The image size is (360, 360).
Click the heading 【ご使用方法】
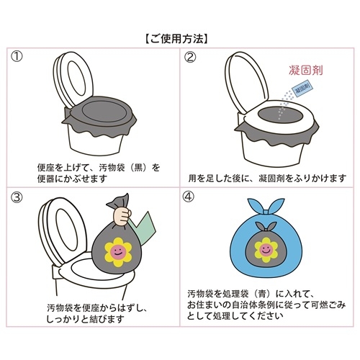tap(176, 39)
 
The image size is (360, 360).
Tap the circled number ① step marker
tap(17, 57)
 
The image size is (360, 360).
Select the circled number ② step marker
tap(190, 57)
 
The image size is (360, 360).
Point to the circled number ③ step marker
tap(17, 197)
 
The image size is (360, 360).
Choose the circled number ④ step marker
tap(189, 197)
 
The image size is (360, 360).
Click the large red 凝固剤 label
tap(305, 70)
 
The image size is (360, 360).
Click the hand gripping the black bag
tap(122, 215)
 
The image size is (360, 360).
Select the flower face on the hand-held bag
tap(118, 252)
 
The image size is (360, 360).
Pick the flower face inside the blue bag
tap(266, 250)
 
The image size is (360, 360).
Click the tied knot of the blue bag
tap(266, 212)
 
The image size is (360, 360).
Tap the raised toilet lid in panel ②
tap(247, 81)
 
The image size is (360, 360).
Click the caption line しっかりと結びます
tap(85, 319)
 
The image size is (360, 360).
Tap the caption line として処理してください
tap(235, 316)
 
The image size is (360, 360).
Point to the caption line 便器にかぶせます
tap(72, 179)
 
